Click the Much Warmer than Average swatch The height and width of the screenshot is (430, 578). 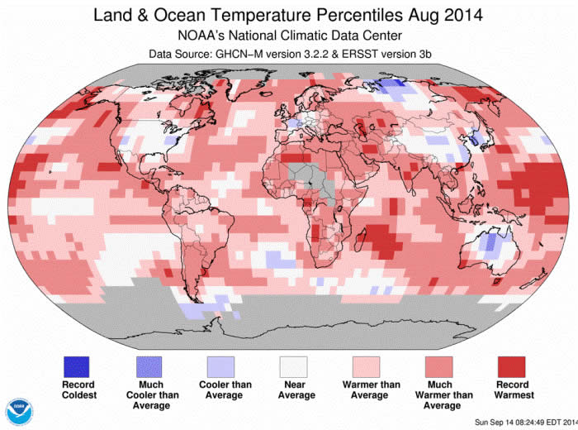[442, 366]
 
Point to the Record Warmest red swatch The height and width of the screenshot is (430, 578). [513, 366]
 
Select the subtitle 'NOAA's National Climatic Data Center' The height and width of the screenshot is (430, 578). [288, 36]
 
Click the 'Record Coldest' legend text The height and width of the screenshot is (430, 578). [78, 389]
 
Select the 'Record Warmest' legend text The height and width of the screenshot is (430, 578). [513, 389]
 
